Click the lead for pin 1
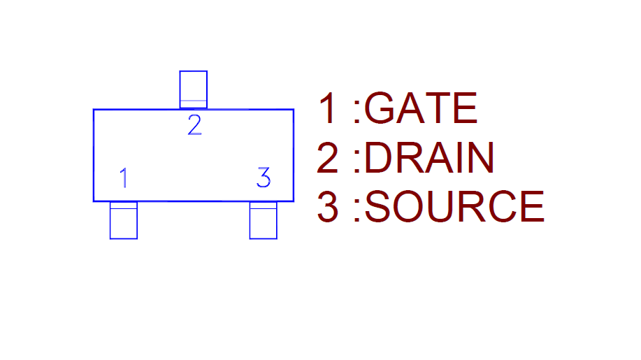tap(124, 220)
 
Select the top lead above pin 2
tap(194, 89)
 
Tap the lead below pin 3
tap(264, 220)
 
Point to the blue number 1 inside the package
tap(124, 178)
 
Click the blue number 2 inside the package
tap(194, 126)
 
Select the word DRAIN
tap(429, 158)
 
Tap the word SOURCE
tap(454, 207)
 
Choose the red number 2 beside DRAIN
tap(328, 158)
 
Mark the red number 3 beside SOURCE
tap(328, 207)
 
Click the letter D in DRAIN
tap(378, 158)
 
